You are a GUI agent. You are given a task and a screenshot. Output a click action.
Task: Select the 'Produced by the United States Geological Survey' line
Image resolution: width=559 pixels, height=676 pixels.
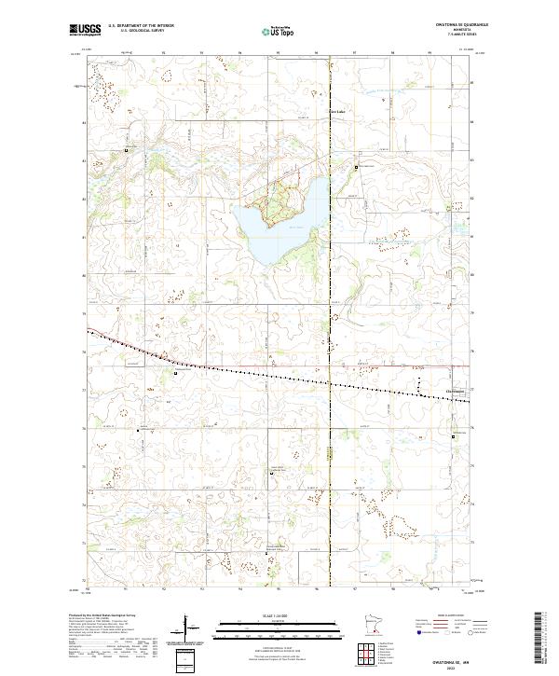coord(103,615)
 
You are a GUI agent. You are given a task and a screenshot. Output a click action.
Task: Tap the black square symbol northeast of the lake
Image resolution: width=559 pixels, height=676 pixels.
coord(356,167)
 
